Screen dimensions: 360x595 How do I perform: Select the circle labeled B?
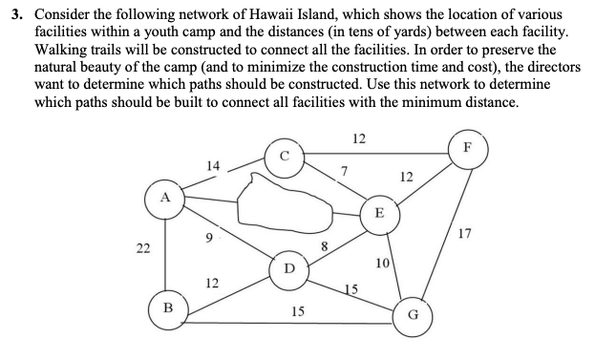(x=167, y=310)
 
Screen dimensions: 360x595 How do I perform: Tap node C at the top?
(x=285, y=158)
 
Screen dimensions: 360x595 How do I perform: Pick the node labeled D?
(x=288, y=265)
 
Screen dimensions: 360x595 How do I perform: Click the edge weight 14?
(x=212, y=166)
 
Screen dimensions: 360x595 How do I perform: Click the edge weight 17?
(x=465, y=231)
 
